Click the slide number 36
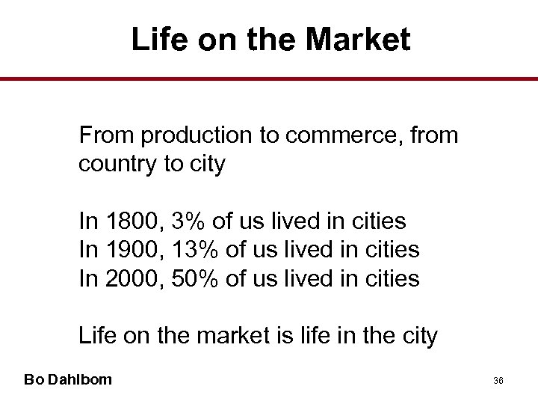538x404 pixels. coord(498,381)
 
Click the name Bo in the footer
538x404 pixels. coord(33,379)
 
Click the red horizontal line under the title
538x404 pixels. coord(269,79)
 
